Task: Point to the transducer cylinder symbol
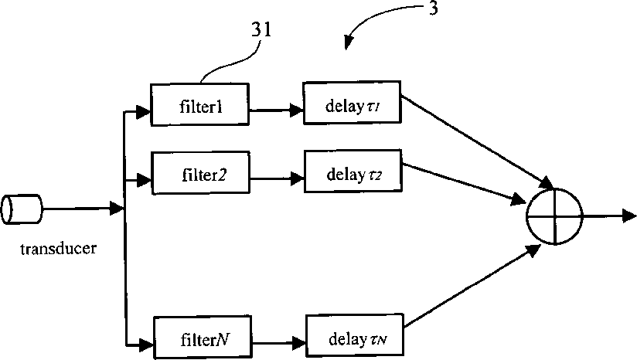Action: (x=22, y=209)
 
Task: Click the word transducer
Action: (x=59, y=248)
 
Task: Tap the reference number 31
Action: (x=261, y=29)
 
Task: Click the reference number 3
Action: (x=434, y=8)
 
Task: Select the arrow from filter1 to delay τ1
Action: (x=276, y=110)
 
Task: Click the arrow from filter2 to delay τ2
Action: (x=277, y=178)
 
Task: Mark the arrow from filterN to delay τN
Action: (x=278, y=343)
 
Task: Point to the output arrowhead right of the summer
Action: (x=629, y=216)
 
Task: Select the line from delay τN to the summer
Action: (x=472, y=286)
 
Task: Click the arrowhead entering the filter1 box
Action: (x=144, y=112)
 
